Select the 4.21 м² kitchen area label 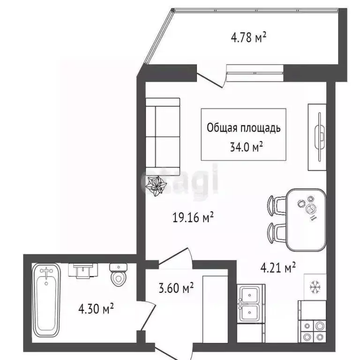(x=278, y=268)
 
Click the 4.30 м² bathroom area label (x=97, y=309)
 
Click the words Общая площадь (x=244, y=127)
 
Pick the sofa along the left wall (x=162, y=136)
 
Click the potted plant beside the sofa (x=155, y=186)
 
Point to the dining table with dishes (x=305, y=219)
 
